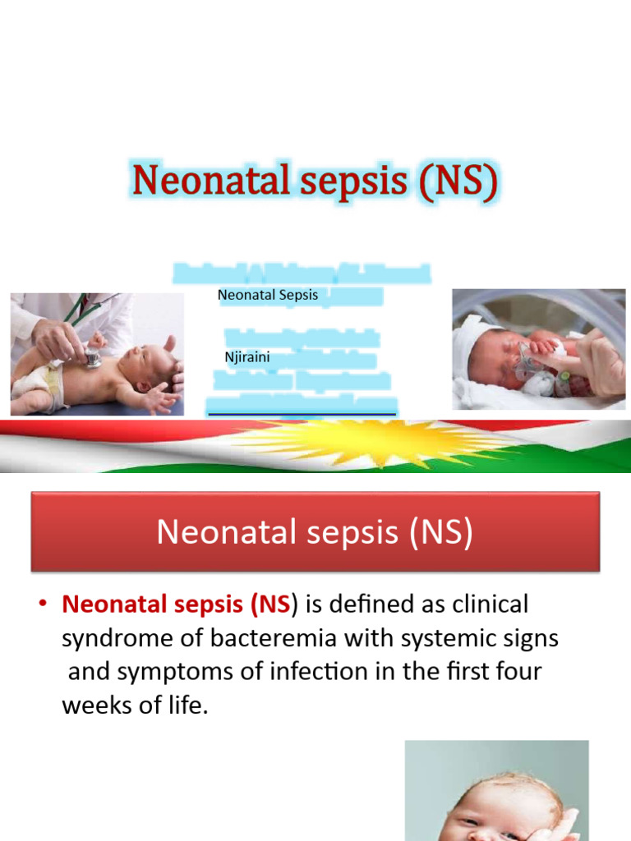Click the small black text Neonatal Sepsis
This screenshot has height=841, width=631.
[x=268, y=295]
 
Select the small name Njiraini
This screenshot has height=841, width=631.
[x=247, y=357]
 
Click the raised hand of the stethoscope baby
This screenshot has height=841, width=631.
[x=169, y=342]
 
